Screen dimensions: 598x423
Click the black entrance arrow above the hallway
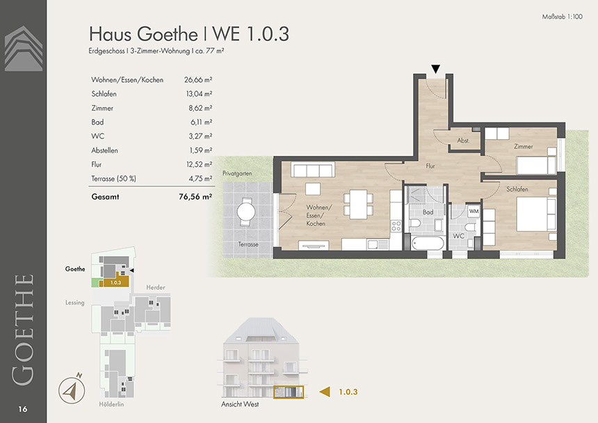[x=435, y=69]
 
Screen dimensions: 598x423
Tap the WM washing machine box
[x=474, y=211]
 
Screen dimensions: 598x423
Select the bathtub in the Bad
[x=428, y=243]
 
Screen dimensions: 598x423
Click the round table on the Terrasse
[x=246, y=211]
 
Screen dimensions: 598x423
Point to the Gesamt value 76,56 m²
[x=195, y=197]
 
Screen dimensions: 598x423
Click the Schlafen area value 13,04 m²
[x=199, y=94]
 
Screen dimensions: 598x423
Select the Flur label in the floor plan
[x=430, y=166]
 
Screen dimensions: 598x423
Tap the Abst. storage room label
[x=463, y=141]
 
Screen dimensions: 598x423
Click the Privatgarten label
[x=237, y=173]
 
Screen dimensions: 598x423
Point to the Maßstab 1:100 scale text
[x=562, y=17]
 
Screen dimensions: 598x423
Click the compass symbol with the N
[x=72, y=390]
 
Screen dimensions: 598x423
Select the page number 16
[x=23, y=409]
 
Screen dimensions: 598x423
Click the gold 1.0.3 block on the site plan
[x=115, y=282]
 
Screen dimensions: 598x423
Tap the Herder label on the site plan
[x=156, y=287]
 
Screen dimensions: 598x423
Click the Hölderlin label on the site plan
[x=111, y=404]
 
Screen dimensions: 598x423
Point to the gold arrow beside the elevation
[x=325, y=392]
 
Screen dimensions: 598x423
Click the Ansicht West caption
[x=240, y=404]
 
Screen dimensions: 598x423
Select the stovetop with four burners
[x=396, y=226]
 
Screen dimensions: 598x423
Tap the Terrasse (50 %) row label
[x=113, y=179]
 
